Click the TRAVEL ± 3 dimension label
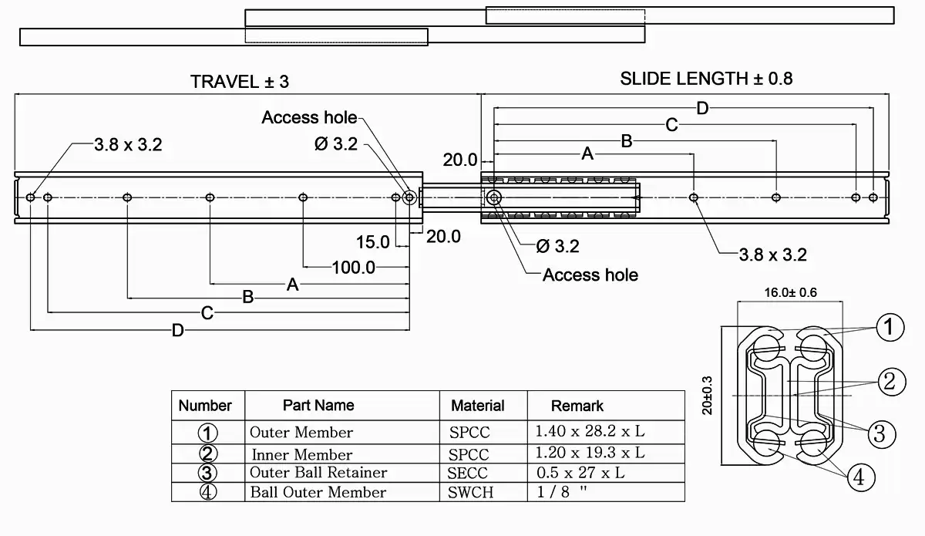240,82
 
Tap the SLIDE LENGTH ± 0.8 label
706,78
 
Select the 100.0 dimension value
354,268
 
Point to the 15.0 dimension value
372,242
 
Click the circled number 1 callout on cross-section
889,328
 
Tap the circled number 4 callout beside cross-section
861,478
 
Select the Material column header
477,406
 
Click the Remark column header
577,406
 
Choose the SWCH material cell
470,493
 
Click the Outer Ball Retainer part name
318,472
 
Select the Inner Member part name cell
301,454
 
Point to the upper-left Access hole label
309,117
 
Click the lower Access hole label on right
590,275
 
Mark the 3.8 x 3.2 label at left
128,145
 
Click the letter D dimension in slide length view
702,108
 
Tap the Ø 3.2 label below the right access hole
557,247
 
